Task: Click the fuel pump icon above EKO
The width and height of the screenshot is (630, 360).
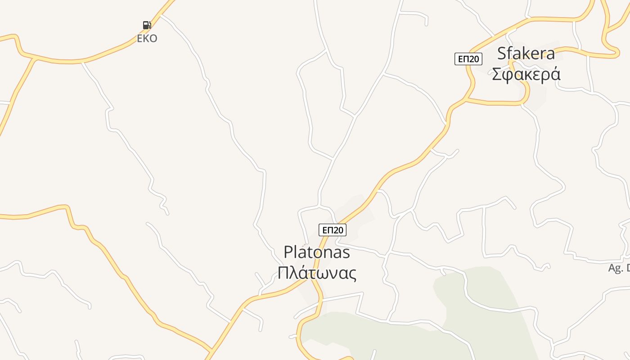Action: point(147,25)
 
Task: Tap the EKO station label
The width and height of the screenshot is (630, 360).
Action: point(147,39)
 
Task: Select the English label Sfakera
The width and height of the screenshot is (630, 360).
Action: point(526,54)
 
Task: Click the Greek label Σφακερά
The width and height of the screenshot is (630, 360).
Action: point(526,74)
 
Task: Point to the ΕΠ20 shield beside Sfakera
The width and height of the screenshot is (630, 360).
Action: point(468,59)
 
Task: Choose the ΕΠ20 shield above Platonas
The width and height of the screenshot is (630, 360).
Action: point(333,230)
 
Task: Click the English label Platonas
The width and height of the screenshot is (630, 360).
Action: point(317,252)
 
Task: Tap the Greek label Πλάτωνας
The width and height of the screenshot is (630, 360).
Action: point(317,273)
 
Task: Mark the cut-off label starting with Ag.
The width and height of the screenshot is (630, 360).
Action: point(619,268)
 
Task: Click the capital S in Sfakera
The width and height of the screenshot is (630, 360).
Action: point(502,54)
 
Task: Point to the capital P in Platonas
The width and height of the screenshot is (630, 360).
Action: point(288,252)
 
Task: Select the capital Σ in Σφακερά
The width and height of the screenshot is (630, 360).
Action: point(497,74)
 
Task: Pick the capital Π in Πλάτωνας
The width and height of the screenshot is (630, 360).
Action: point(283,273)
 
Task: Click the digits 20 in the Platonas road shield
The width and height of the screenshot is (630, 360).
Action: point(337,230)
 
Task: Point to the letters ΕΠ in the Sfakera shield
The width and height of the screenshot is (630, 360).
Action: point(463,59)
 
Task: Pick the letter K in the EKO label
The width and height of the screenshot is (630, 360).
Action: point(147,39)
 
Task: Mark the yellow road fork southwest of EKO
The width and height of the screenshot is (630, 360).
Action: point(35,58)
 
